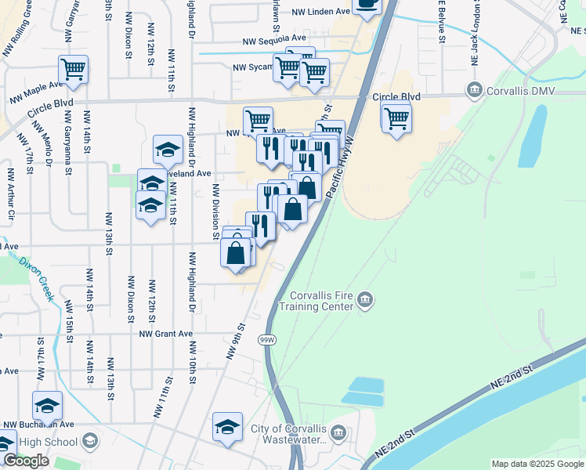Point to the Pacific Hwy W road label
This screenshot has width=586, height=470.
point(342,168)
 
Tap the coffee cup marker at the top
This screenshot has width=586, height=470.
point(366,4)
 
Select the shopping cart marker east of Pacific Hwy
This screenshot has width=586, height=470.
point(396,117)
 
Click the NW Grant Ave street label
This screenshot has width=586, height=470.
point(165,334)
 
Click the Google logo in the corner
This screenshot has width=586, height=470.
point(26,461)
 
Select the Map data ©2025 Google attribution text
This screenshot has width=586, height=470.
point(537,464)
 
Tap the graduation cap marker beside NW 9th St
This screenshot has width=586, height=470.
point(227,427)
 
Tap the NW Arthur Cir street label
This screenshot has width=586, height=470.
point(10,193)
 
